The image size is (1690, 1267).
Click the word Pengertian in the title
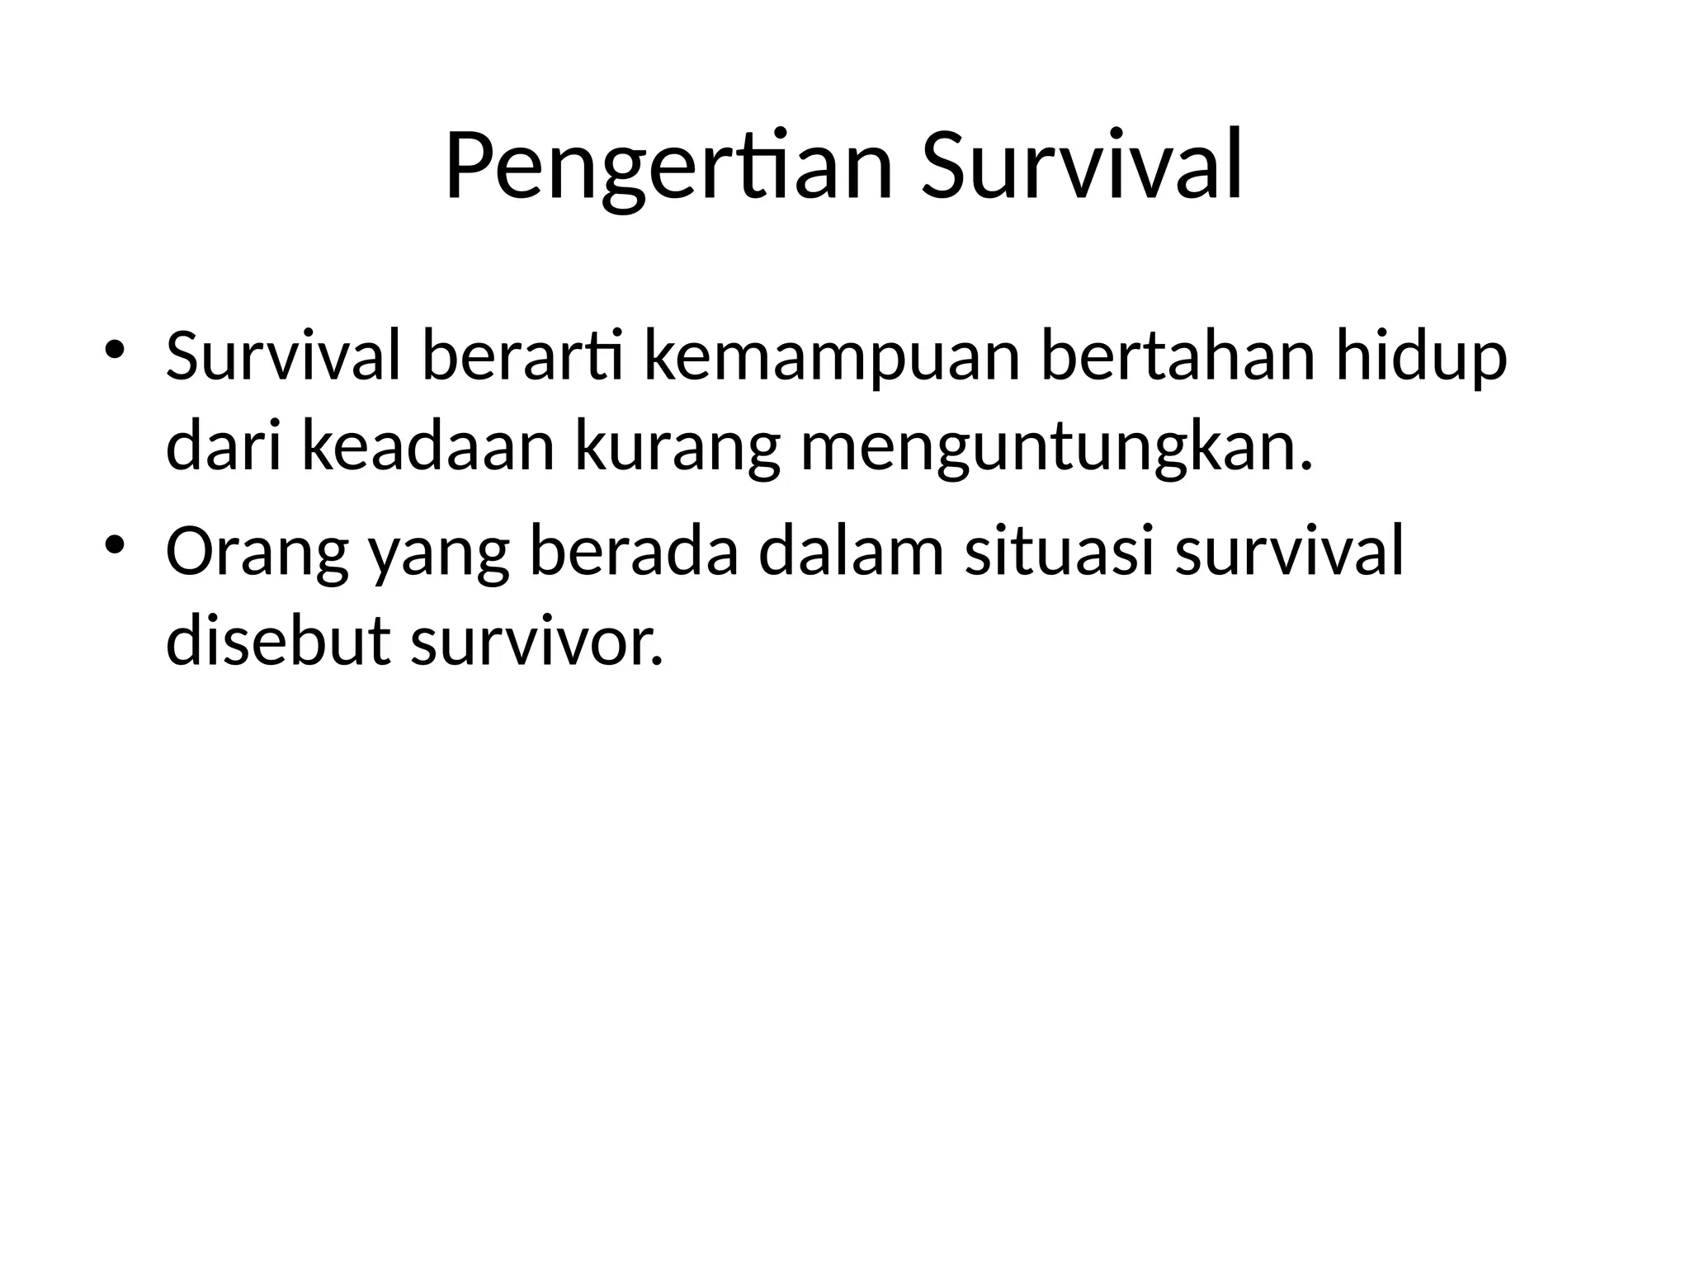coord(669,167)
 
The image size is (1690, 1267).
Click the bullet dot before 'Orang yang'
coord(115,544)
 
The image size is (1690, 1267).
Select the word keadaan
coord(428,450)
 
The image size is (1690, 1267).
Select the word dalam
coord(851,552)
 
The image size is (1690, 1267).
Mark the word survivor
coord(536,643)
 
